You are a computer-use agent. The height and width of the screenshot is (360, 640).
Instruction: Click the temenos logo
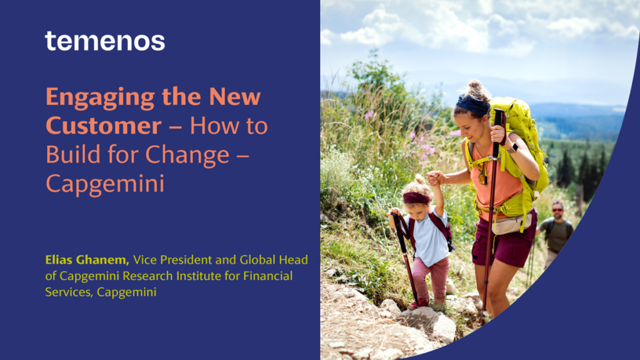coord(105,41)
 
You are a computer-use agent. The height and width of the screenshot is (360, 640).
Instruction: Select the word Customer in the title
coord(104,126)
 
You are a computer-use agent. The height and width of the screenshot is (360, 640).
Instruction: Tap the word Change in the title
coord(187,156)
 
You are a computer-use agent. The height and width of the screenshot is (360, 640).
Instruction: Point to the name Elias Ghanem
coord(87,259)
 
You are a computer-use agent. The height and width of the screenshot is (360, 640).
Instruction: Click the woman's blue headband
coord(472,105)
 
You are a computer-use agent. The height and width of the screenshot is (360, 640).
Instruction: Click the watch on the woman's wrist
coord(512,148)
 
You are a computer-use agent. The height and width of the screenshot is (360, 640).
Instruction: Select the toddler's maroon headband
coord(417,198)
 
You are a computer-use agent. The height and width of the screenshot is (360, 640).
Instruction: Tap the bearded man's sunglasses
coord(557,210)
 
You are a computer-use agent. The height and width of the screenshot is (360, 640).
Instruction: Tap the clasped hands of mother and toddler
coord(435,177)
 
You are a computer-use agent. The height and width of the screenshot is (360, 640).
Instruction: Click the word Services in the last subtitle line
coord(68,292)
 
